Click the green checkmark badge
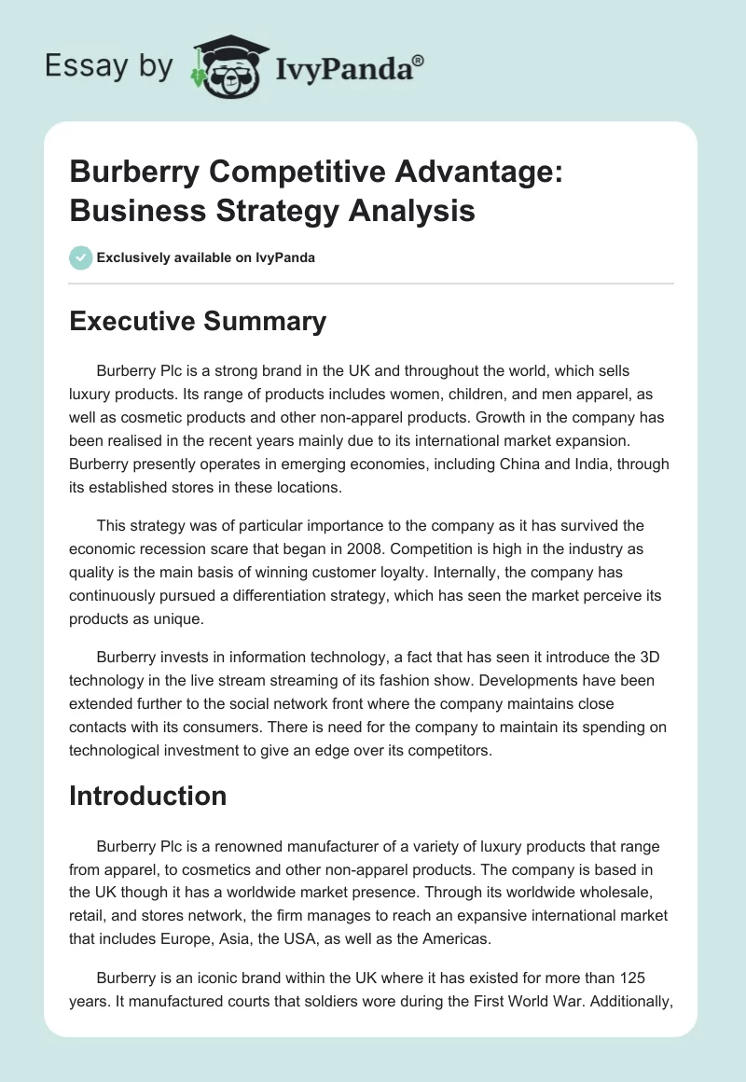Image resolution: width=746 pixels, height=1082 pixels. (x=80, y=257)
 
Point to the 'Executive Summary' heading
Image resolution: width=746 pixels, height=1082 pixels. (x=199, y=321)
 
